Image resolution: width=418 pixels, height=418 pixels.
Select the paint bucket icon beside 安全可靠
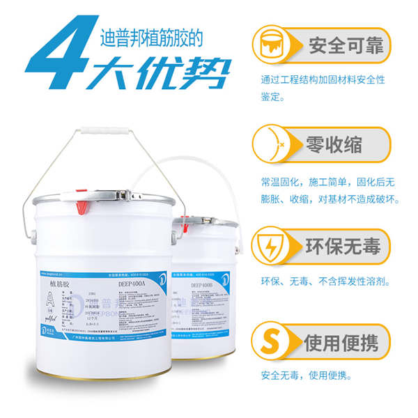274,45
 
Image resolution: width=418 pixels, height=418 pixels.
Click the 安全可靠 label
345,46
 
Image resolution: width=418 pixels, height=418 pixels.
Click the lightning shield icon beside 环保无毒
274,245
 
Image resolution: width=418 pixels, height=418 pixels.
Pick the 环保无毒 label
344,245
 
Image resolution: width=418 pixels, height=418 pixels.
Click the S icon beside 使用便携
274,341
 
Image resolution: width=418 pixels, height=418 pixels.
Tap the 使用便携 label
344,342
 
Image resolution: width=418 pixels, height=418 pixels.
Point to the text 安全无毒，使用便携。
307,376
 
